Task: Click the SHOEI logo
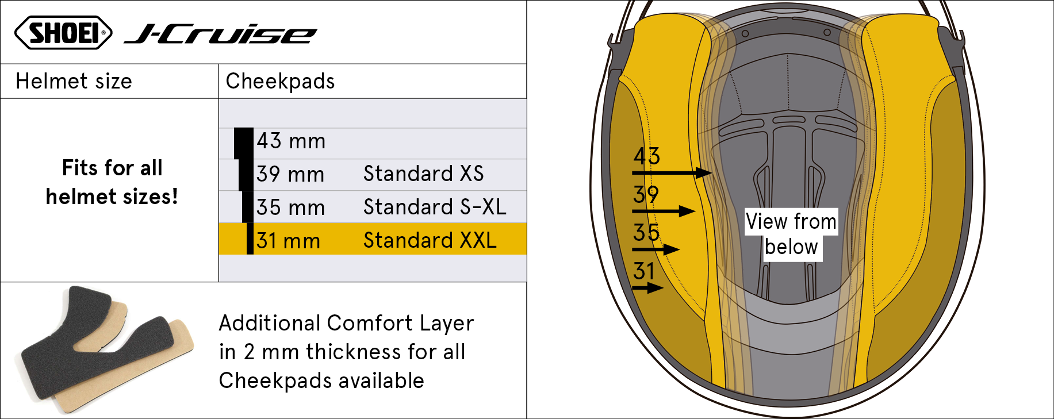click(63, 33)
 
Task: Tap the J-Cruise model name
click(221, 34)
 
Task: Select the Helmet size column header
click(74, 81)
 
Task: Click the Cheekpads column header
click(280, 81)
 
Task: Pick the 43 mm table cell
click(291, 141)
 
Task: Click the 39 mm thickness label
click(290, 174)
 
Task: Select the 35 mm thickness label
click(290, 207)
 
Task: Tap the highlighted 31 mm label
click(288, 240)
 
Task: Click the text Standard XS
click(423, 174)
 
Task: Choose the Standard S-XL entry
click(435, 207)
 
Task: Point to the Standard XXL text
click(430, 240)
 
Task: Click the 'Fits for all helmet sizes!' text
click(112, 182)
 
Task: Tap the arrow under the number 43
click(672, 172)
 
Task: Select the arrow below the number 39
click(664, 211)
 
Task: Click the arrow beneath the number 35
click(656, 249)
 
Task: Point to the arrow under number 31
click(648, 288)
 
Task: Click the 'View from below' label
click(791, 235)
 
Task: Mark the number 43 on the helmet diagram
click(647, 156)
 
